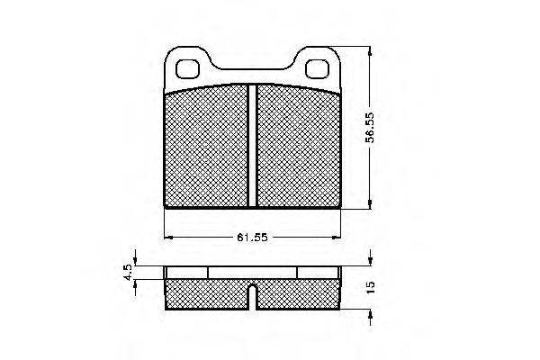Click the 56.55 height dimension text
tap(371, 127)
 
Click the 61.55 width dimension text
tap(252, 238)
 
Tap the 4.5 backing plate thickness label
tap(128, 272)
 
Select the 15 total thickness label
tap(371, 287)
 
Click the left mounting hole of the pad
tap(188, 69)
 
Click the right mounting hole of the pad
tap(317, 69)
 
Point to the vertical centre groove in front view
tap(252, 146)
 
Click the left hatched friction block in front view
tap(206, 146)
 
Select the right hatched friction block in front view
tap(299, 146)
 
